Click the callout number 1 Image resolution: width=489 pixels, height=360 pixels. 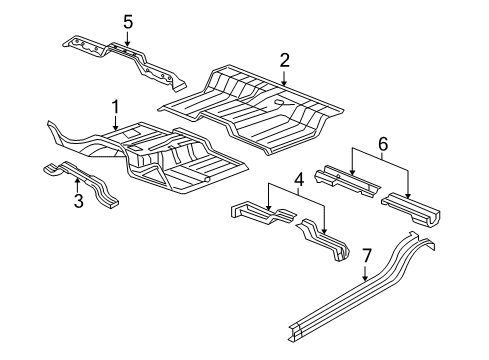click(115, 106)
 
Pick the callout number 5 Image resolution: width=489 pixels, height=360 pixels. click(127, 21)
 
